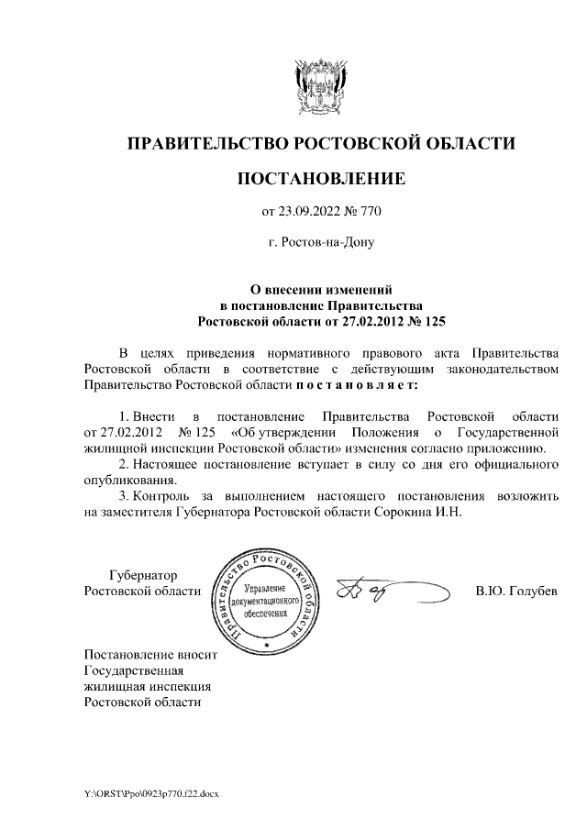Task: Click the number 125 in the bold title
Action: [428, 322]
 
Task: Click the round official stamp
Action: [266, 600]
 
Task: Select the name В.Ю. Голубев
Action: [515, 591]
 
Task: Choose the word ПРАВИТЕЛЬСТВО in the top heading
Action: [206, 144]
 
